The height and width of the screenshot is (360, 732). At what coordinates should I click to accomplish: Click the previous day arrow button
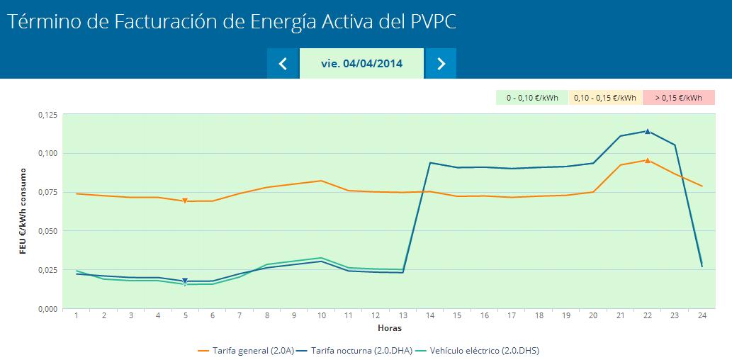(283, 64)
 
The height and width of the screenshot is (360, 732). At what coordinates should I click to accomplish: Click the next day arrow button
(441, 64)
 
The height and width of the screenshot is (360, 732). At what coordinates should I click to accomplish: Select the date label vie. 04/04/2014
(361, 64)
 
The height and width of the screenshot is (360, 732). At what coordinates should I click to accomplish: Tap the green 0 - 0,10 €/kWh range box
(531, 98)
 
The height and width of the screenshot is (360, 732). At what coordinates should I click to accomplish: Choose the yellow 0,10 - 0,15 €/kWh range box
(604, 98)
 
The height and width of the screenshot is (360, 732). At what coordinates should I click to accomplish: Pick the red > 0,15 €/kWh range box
(678, 98)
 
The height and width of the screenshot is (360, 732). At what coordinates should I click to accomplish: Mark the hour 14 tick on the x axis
(430, 315)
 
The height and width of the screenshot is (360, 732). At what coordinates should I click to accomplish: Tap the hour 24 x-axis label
(702, 315)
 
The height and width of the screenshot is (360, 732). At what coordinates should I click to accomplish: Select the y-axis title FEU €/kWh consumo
(23, 210)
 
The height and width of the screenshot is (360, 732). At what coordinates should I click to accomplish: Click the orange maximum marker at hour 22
(648, 160)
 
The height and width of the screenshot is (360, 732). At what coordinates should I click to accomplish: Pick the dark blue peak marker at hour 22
(648, 131)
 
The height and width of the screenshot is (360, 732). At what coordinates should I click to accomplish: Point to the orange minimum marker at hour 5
(185, 201)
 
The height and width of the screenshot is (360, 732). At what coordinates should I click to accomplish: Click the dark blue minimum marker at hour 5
(185, 281)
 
